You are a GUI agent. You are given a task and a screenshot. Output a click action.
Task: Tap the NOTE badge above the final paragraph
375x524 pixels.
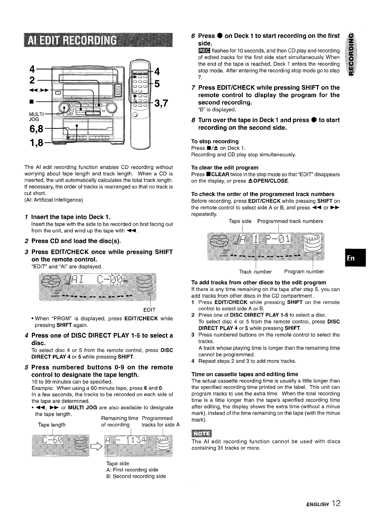point(201,433)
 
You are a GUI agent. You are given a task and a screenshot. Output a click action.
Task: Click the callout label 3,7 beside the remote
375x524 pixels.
point(161,103)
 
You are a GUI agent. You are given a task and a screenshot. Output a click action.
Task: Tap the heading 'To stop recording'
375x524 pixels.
point(215,141)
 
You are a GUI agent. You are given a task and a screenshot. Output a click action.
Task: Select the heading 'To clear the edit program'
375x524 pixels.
point(225,168)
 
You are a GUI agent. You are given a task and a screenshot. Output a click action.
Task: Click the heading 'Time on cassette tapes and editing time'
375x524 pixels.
point(245,374)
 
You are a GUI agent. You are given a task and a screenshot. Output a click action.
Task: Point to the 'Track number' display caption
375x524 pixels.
point(255,272)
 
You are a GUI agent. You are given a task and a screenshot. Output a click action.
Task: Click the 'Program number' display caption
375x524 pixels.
point(304,272)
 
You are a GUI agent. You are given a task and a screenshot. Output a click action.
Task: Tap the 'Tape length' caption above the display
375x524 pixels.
point(51,425)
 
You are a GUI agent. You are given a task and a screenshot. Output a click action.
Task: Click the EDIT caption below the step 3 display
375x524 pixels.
point(149,310)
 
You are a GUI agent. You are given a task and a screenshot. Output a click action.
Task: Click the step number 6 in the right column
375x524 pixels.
point(193,36)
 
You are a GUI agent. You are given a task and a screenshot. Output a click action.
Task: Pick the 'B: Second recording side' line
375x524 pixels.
point(136,476)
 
